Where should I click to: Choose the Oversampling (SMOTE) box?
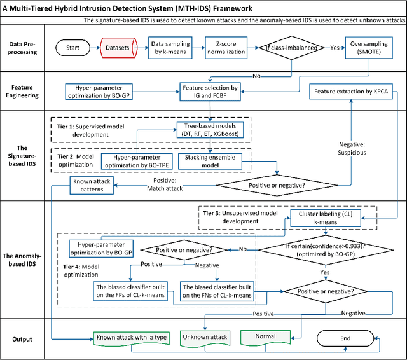coord(369,47)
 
